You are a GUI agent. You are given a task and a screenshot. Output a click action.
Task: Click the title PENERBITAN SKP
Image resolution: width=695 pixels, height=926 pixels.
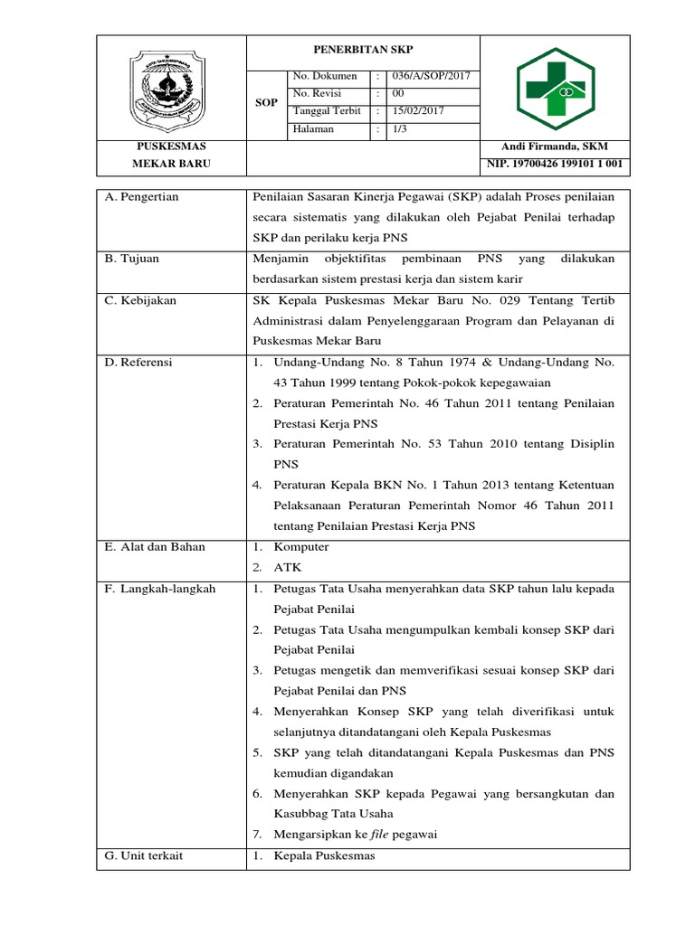coord(362,50)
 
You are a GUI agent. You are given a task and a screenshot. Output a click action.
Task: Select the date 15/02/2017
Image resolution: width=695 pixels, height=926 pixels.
coord(419,111)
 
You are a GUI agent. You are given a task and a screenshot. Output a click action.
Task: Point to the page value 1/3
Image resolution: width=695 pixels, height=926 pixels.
coord(400,129)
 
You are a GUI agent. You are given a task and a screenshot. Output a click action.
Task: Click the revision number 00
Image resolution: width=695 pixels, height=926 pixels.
coord(399,94)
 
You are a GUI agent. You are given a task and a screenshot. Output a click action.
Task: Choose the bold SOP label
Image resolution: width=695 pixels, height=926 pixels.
coord(267,103)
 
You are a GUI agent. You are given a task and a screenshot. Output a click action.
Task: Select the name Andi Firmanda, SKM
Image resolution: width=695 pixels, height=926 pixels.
coord(555,146)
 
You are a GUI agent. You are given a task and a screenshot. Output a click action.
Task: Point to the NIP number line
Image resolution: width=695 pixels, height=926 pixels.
coord(555,164)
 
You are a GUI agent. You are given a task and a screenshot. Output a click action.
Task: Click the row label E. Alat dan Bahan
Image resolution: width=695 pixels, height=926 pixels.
coord(155,547)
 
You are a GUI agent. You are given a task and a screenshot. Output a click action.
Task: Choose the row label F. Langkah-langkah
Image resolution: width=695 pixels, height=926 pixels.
coord(160,589)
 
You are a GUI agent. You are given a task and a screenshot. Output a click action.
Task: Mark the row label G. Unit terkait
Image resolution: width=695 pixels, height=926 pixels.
coord(144,855)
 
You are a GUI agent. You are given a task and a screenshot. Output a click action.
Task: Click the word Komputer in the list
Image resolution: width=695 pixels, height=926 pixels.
coord(301,547)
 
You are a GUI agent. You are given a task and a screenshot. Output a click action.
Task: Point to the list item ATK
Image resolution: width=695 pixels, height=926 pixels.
coord(287,568)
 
